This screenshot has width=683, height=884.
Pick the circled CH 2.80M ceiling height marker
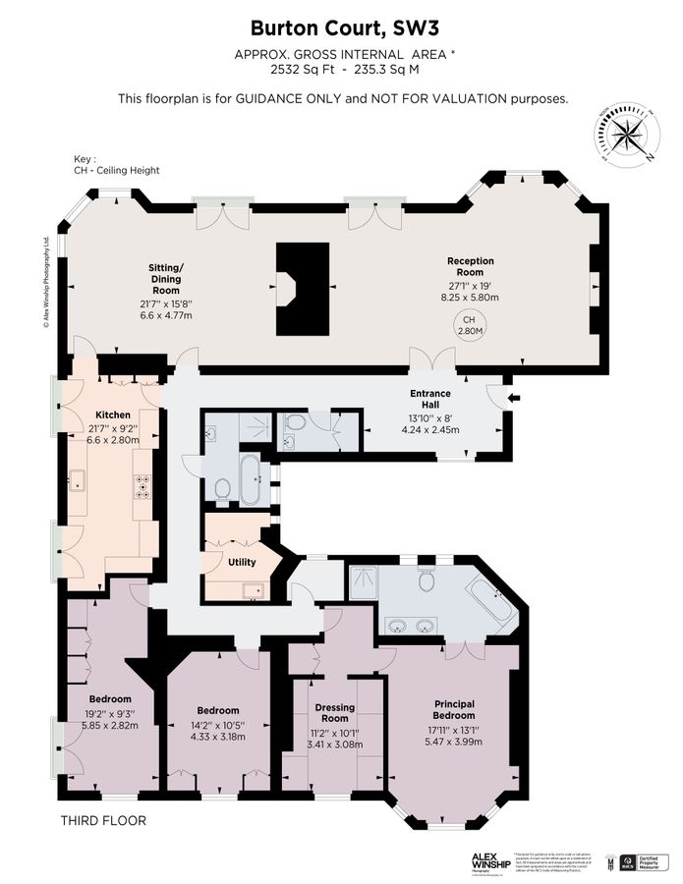(x=468, y=325)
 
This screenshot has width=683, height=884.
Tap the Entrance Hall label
(x=429, y=400)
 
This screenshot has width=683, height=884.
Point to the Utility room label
(x=241, y=563)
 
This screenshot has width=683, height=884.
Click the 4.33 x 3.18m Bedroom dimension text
(x=217, y=737)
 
